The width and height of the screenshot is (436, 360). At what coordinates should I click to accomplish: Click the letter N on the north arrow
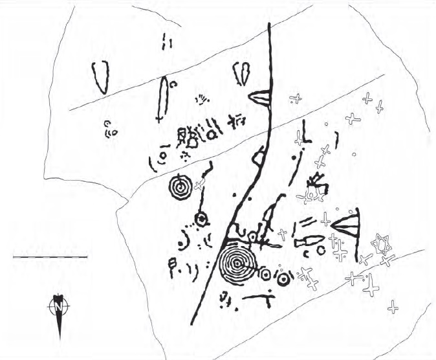tap(58, 306)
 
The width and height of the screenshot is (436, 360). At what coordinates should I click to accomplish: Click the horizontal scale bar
tap(50, 256)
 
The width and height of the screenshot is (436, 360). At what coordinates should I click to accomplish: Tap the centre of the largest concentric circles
tap(237, 263)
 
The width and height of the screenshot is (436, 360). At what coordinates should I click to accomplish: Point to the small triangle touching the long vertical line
tap(259, 98)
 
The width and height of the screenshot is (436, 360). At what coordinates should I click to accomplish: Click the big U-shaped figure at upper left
tap(100, 77)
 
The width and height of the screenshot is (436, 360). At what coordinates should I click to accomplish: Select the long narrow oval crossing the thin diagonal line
tap(162, 99)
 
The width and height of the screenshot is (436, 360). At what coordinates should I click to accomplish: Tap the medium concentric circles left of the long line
tap(180, 187)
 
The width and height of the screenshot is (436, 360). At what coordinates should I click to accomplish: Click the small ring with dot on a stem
tap(201, 219)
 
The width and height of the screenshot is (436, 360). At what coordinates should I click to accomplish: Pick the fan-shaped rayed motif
tap(202, 100)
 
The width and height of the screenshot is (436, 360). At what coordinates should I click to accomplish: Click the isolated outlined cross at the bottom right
tap(393, 307)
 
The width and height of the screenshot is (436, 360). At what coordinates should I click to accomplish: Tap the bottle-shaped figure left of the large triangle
tap(309, 241)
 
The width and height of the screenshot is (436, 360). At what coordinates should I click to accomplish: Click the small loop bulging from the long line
tap(257, 157)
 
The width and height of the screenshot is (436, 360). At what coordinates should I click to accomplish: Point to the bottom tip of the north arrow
tap(60, 340)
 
